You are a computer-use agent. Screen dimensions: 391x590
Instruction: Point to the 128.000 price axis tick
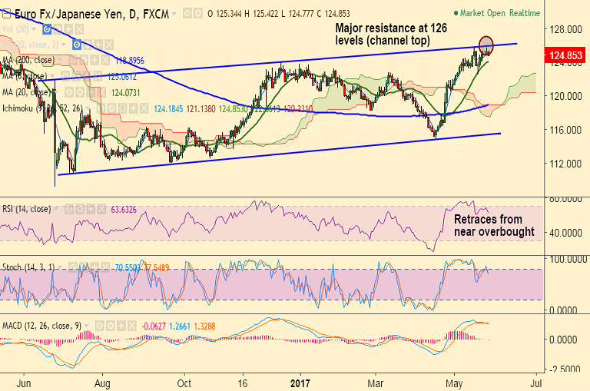coord(565,29)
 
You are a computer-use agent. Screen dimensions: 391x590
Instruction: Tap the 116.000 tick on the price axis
coord(565,130)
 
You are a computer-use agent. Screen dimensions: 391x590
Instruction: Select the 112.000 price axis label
coord(565,164)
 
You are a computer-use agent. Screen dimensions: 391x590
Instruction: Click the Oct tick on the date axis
coord(184,380)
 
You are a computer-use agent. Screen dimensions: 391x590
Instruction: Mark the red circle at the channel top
coord(486,44)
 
